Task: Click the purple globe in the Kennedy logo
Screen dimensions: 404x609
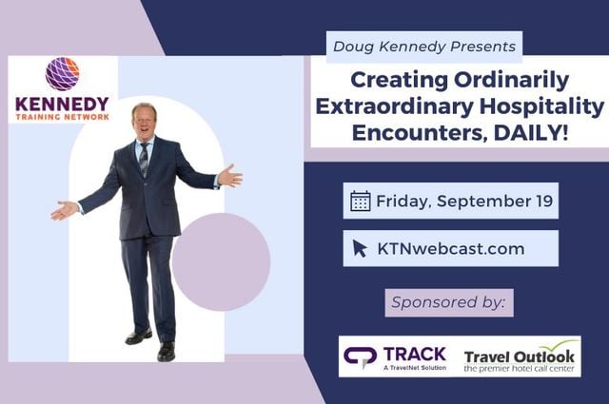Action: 64,74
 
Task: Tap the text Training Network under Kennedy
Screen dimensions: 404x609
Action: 63,116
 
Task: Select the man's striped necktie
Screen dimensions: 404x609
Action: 144,158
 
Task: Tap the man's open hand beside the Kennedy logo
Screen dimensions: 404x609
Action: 64,210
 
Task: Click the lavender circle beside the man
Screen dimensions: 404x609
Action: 221,261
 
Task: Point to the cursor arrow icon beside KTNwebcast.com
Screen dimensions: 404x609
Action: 360,248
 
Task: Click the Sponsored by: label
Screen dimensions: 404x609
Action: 449,303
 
